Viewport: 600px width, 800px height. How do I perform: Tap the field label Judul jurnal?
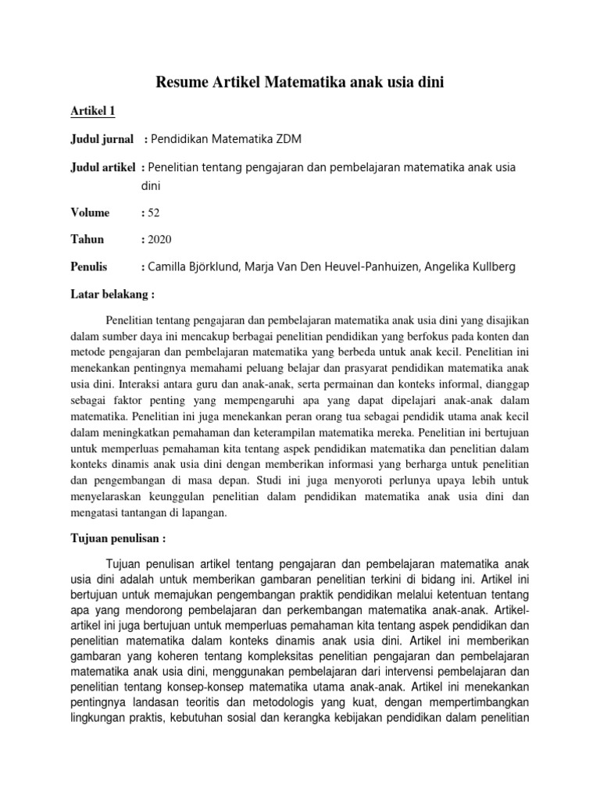click(98, 139)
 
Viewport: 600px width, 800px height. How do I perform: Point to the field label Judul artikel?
click(100, 168)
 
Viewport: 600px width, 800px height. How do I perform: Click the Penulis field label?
click(88, 267)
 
